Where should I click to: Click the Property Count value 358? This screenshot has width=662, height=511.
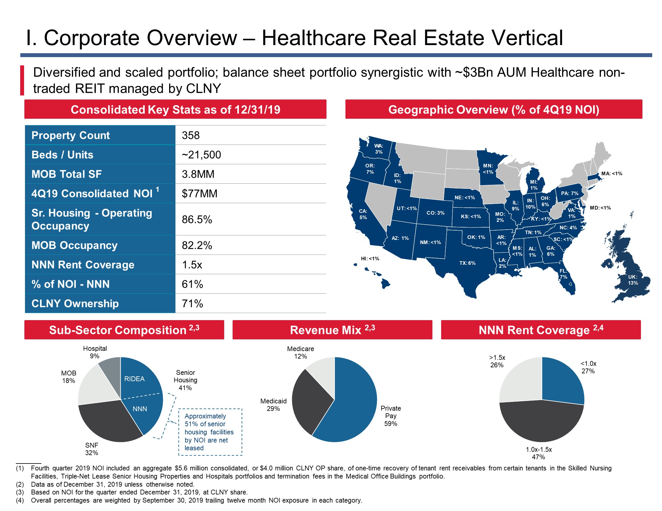click(191, 135)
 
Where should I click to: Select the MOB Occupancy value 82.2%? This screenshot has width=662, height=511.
click(197, 245)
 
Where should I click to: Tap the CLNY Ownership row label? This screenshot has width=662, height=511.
click(75, 303)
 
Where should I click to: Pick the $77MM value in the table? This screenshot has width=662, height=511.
click(200, 194)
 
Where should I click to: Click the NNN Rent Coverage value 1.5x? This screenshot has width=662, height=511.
click(192, 265)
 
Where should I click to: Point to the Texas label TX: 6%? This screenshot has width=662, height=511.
click(467, 263)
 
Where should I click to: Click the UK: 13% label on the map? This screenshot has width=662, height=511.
click(633, 280)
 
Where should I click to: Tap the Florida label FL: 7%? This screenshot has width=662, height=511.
click(563, 274)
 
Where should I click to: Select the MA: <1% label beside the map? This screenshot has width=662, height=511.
click(612, 173)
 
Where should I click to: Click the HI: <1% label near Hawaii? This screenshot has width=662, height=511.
click(370, 259)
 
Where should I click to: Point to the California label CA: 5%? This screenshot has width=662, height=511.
click(363, 214)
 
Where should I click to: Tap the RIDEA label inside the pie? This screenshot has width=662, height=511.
click(134, 379)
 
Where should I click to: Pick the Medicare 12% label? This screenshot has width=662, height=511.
click(300, 353)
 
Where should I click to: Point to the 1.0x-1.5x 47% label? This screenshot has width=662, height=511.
click(539, 453)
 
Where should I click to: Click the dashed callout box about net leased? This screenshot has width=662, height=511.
click(210, 432)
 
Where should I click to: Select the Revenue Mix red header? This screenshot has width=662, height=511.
click(332, 330)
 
